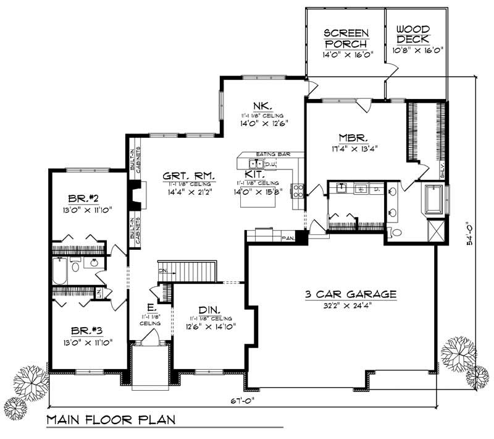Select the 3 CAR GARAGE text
click(x=350, y=294)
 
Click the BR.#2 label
click(x=81, y=200)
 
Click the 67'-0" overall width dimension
click(x=243, y=399)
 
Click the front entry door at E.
click(x=149, y=337)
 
